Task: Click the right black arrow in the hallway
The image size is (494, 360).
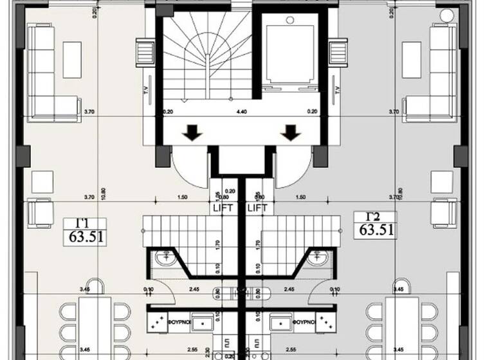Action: pos(291,133)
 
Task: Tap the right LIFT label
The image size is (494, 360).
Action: pos(257,208)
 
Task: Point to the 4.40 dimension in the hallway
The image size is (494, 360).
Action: pos(242,112)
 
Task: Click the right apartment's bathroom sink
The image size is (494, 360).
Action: pos(317,258)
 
